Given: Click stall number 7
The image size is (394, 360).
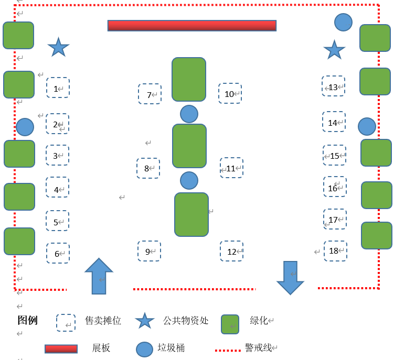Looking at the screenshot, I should point(150,94).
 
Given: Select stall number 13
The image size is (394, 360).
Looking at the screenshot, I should point(333,86).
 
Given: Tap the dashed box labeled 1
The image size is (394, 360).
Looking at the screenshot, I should point(58,88).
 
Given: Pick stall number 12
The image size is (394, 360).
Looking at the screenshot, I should point(231,251).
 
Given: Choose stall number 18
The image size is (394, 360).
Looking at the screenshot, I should point(335,250).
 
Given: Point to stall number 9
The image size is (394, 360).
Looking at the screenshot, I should point(149,251).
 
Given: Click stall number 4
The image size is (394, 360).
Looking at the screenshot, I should point(57,187).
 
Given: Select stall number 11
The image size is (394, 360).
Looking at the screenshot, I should point(231,168).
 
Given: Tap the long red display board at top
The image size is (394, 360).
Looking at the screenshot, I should point(192,26).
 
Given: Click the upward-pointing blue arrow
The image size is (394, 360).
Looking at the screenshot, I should point(99,276).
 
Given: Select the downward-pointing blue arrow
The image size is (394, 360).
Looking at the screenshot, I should point(290,277).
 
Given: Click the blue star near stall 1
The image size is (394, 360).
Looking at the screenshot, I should point(58,47).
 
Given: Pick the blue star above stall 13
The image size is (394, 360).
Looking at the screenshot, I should point(334,50).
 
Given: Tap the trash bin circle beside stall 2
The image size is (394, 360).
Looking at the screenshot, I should point(25,127).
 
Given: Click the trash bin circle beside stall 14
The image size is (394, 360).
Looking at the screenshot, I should point(367,126).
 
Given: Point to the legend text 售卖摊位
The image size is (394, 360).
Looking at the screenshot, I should point(103,320).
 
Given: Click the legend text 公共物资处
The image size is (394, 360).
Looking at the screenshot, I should point(186,320).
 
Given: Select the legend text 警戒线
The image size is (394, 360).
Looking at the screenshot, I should point(258,347).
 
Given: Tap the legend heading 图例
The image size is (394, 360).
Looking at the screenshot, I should point(27,320).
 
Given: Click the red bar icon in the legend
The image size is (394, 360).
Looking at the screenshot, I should point(61,348).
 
